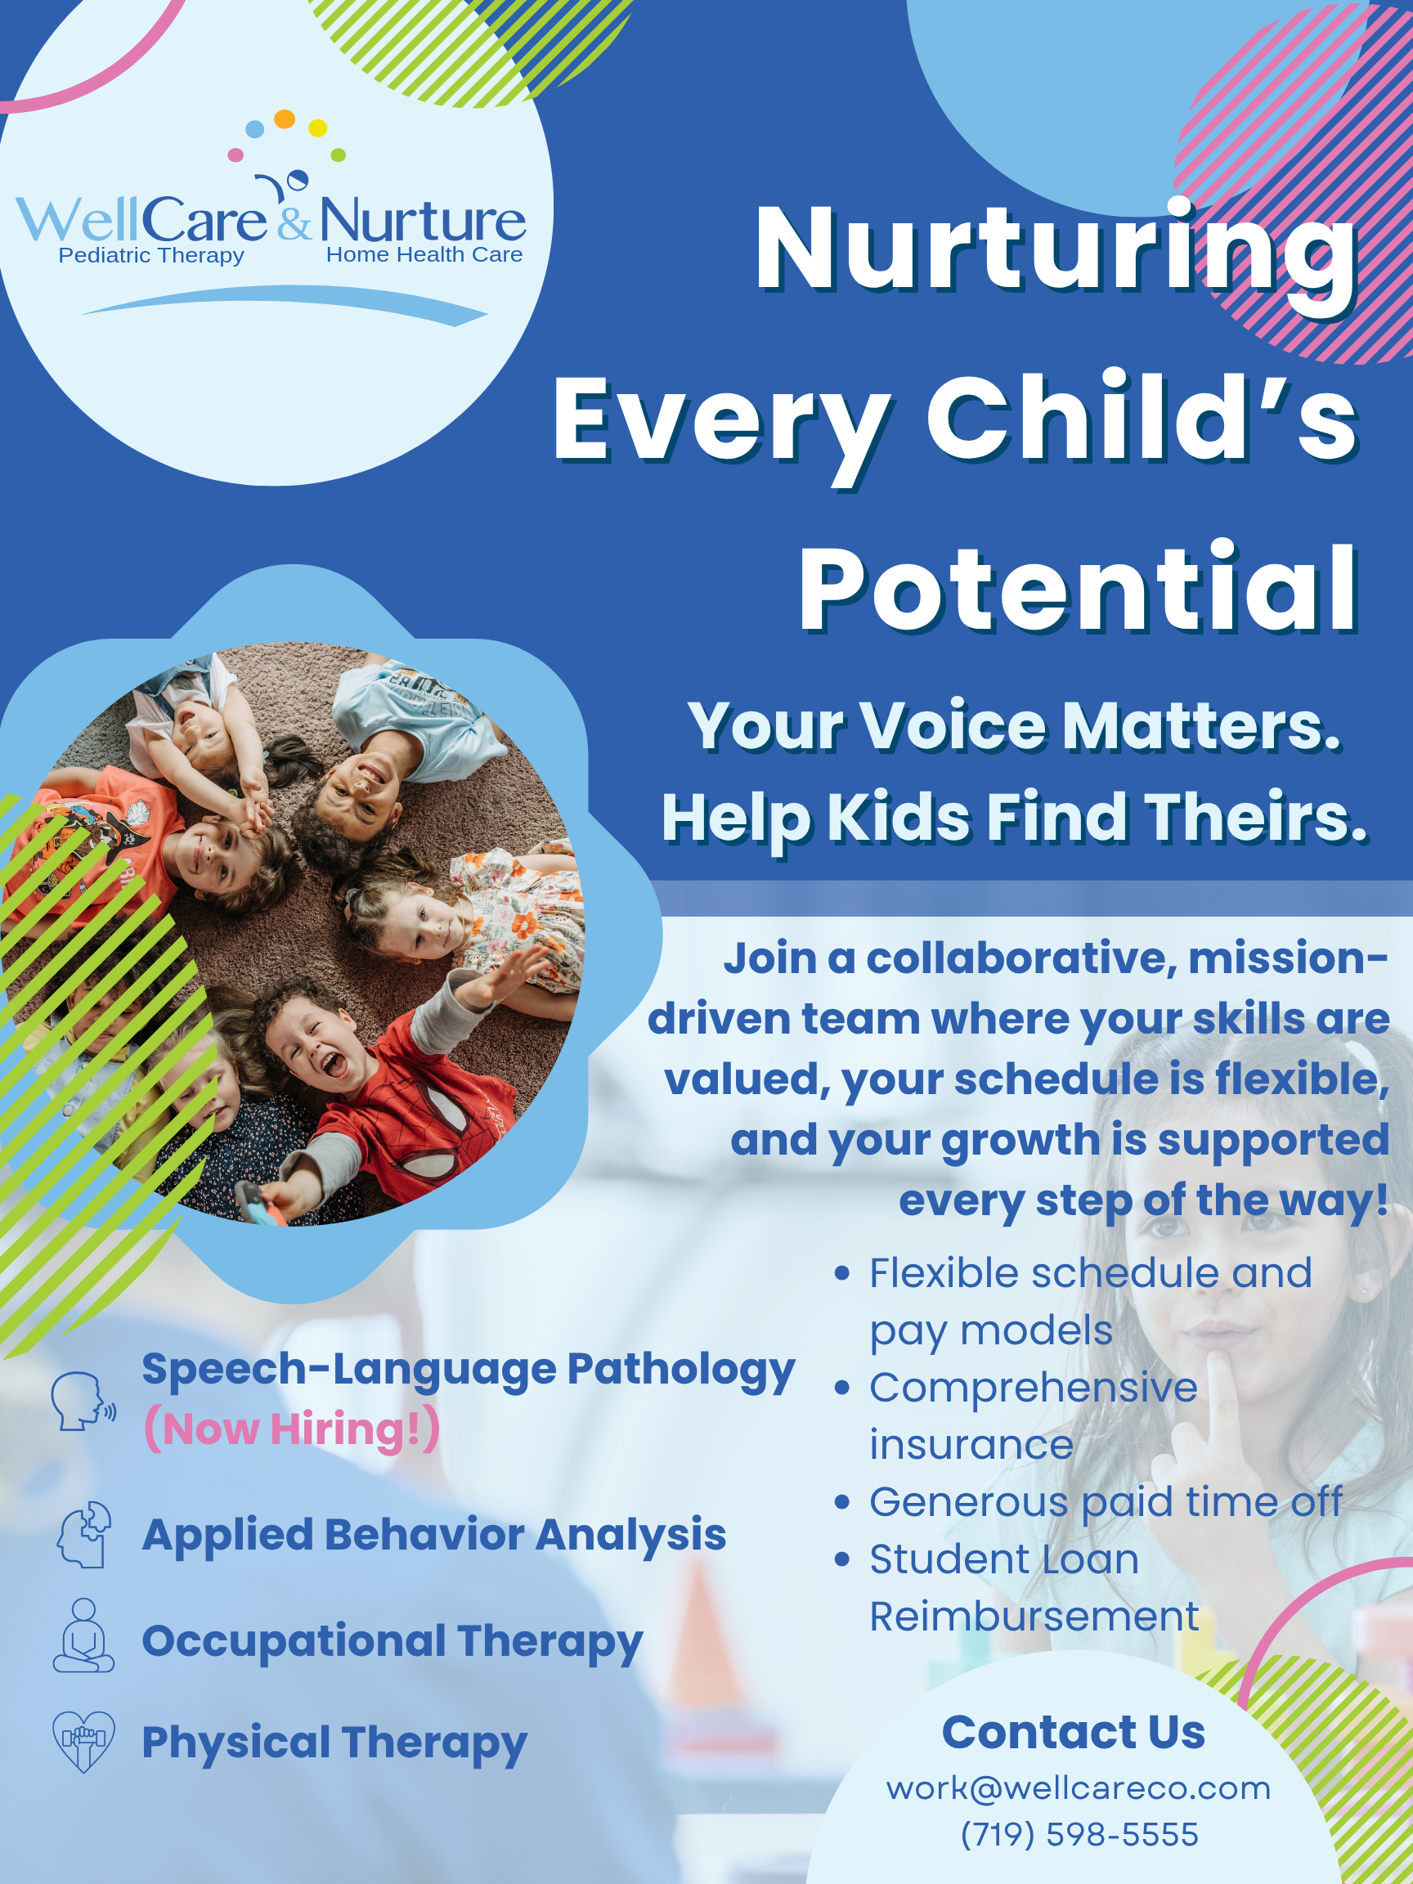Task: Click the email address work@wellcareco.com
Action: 1079,1788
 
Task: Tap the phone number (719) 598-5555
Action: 1079,1835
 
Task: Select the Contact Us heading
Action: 1073,1732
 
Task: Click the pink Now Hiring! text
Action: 292,1429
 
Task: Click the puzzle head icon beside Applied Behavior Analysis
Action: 83,1535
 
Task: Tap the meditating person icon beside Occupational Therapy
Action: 83,1635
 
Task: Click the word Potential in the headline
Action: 1078,588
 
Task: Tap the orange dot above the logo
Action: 285,119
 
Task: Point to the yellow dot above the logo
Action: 318,128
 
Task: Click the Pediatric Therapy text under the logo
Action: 151,255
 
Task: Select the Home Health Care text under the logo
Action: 424,254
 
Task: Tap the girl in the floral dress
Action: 460,920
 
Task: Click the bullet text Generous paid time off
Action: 1105,1501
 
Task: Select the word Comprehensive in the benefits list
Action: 1033,1389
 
